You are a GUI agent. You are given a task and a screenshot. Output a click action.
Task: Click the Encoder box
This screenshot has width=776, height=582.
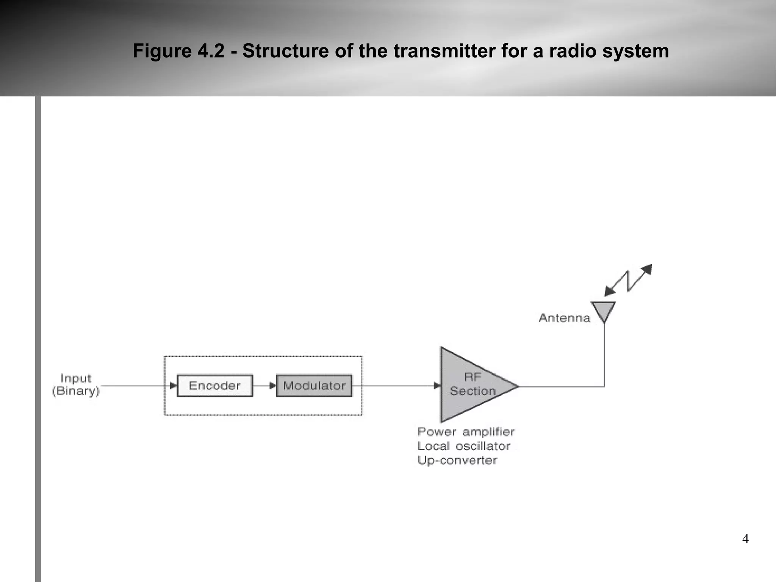214,386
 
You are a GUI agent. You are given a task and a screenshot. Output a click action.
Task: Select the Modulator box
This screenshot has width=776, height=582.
314,386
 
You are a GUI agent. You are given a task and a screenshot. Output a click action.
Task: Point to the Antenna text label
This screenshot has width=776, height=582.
564,318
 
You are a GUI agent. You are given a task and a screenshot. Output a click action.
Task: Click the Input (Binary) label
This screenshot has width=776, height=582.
76,384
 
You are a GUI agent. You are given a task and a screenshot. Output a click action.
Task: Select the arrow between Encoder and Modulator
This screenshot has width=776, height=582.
264,386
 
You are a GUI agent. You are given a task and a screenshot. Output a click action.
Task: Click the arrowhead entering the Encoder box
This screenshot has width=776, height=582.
173,386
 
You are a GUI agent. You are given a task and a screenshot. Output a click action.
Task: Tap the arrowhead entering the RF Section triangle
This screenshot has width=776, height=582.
437,386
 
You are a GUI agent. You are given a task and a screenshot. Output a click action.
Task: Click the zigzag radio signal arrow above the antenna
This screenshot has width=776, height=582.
628,281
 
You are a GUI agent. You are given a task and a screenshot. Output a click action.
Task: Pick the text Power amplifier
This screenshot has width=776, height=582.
466,432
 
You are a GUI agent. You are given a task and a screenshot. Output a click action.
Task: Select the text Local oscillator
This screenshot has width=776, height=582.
463,446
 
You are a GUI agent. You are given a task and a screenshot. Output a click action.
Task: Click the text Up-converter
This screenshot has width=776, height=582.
457,460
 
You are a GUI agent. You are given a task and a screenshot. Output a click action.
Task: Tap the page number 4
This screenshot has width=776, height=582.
745,539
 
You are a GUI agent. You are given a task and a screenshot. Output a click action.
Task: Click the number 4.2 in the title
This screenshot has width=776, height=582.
211,51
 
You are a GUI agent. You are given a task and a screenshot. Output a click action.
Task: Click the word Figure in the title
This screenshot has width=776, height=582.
162,51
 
